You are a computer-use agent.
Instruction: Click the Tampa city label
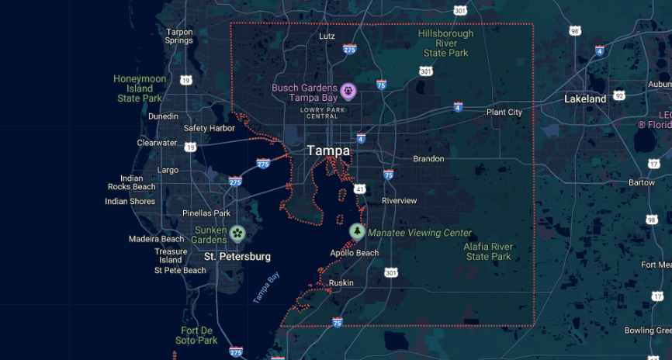click(x=328, y=151)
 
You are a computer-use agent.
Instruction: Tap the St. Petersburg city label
click(x=237, y=256)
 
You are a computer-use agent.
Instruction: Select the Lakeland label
click(x=585, y=99)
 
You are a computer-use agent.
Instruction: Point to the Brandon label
click(x=428, y=159)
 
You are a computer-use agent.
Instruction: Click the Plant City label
click(x=504, y=112)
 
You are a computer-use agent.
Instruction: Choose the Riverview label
click(x=399, y=201)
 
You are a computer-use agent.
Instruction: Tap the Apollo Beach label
click(x=354, y=253)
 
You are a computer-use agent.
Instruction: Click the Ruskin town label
click(x=341, y=283)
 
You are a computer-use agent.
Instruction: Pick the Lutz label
click(x=327, y=36)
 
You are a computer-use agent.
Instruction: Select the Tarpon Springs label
click(x=179, y=36)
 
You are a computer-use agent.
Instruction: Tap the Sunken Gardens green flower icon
click(x=237, y=233)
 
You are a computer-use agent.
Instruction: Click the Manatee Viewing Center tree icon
click(x=356, y=232)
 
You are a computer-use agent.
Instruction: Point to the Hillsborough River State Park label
click(x=445, y=43)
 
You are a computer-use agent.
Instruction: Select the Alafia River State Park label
click(x=488, y=251)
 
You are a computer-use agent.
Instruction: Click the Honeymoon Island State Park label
click(x=140, y=88)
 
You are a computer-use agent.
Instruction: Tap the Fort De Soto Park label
click(x=196, y=335)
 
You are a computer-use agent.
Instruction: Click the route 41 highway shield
click(x=360, y=189)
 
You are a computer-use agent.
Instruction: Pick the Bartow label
click(x=642, y=182)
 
